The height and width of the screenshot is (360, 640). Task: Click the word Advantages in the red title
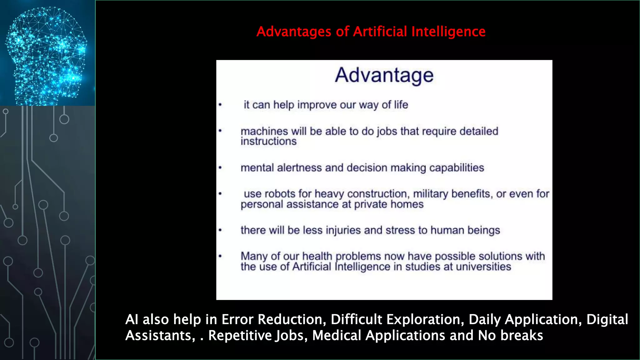pos(294,32)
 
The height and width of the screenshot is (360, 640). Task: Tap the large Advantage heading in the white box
pos(384,75)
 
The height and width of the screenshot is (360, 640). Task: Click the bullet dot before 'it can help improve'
pos(220,105)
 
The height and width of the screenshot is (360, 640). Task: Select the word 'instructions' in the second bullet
pos(268,142)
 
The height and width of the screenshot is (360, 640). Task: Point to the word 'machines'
pos(264,131)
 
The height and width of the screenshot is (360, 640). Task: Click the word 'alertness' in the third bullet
pos(299,168)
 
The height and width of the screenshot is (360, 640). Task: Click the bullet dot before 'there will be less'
pos(220,230)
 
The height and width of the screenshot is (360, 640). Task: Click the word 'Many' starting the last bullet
pos(254,256)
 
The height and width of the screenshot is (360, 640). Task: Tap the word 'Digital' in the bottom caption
pos(607,320)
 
